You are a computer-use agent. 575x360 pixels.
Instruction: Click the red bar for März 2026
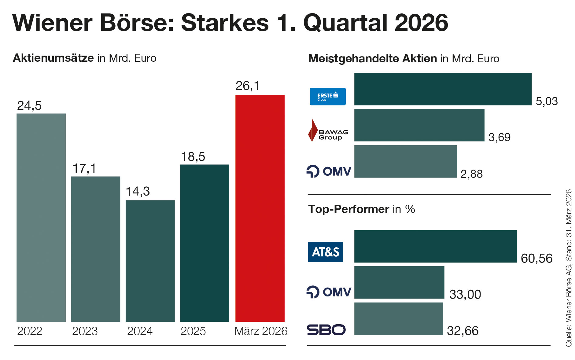coord(260,208)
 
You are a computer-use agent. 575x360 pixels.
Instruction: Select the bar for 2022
coord(41,217)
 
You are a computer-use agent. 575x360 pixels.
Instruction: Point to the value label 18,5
coord(193,157)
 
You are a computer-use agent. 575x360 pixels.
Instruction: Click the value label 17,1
coord(84,168)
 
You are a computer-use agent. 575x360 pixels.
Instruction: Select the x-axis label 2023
coord(85,331)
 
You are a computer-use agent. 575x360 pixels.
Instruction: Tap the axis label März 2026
coord(261,331)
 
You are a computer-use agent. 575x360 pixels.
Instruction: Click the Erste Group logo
coord(328,97)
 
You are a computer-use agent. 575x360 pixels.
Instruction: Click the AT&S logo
coord(325,252)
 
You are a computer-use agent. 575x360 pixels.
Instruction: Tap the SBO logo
coord(326,330)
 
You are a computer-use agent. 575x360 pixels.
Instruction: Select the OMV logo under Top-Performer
coord(329,292)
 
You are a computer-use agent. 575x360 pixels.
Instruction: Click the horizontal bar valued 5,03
coord(443,89)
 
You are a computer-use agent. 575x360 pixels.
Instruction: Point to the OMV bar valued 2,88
coord(405,161)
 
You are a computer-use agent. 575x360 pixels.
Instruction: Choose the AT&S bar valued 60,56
coord(435,246)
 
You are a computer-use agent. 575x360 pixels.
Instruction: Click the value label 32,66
coord(463,331)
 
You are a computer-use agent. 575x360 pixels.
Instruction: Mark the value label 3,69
coord(499,137)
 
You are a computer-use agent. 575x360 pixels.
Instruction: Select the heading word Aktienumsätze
coord(53,58)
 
